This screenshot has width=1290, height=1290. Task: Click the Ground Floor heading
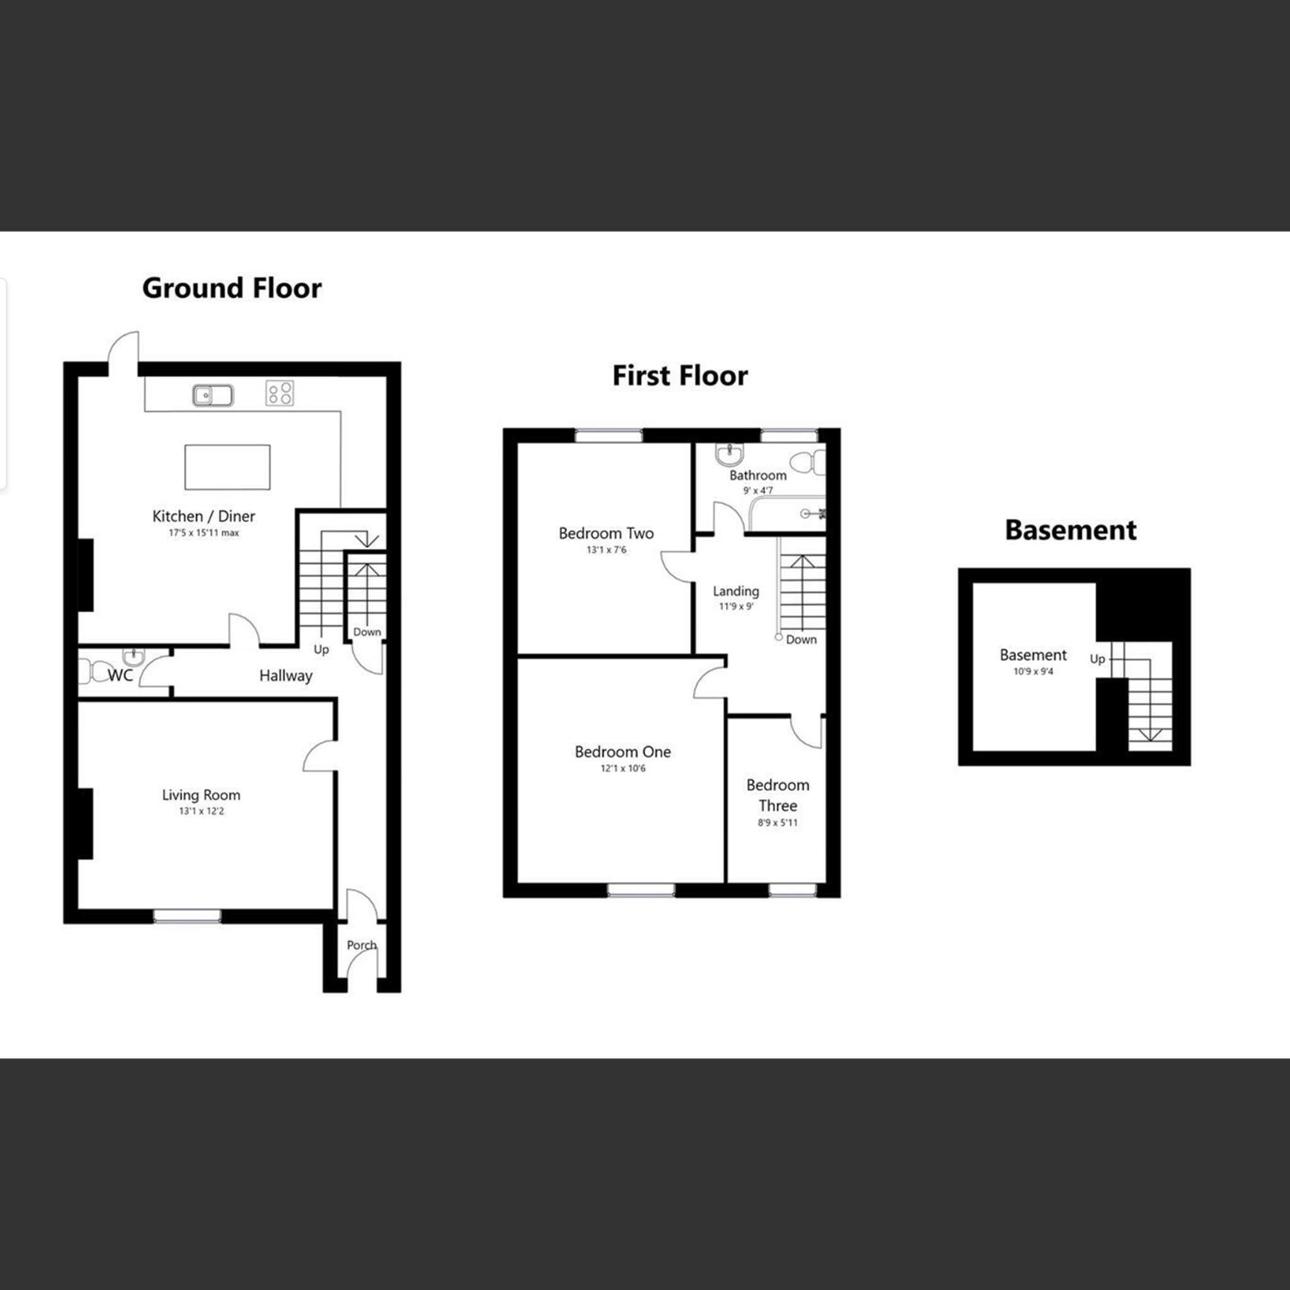tap(232, 288)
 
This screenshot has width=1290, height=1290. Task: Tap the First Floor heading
tap(680, 376)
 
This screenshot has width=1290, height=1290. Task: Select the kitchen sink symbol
tap(213, 396)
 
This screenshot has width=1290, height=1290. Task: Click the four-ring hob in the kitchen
tap(279, 392)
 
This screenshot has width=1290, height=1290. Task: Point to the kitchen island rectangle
tap(227, 467)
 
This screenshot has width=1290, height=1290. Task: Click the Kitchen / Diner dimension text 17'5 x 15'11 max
tap(204, 534)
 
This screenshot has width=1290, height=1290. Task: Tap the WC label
tap(120, 676)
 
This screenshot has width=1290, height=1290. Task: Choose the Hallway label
tap(286, 676)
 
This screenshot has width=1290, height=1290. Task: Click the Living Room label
tap(201, 795)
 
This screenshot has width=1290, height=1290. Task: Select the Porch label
tap(361, 945)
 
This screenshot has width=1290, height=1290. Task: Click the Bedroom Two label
tap(606, 534)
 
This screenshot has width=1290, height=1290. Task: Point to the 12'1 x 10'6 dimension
tap(623, 768)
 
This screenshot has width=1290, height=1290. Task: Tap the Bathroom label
tap(757, 476)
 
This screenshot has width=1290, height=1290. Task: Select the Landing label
tap(736, 591)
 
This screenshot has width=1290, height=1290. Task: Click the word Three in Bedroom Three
tap(777, 806)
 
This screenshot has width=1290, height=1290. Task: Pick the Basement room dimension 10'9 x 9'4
tap(1033, 672)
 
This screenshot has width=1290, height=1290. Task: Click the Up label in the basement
tap(1097, 659)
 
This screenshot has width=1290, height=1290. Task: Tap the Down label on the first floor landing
tap(800, 640)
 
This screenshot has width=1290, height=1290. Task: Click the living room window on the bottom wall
tap(187, 915)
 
